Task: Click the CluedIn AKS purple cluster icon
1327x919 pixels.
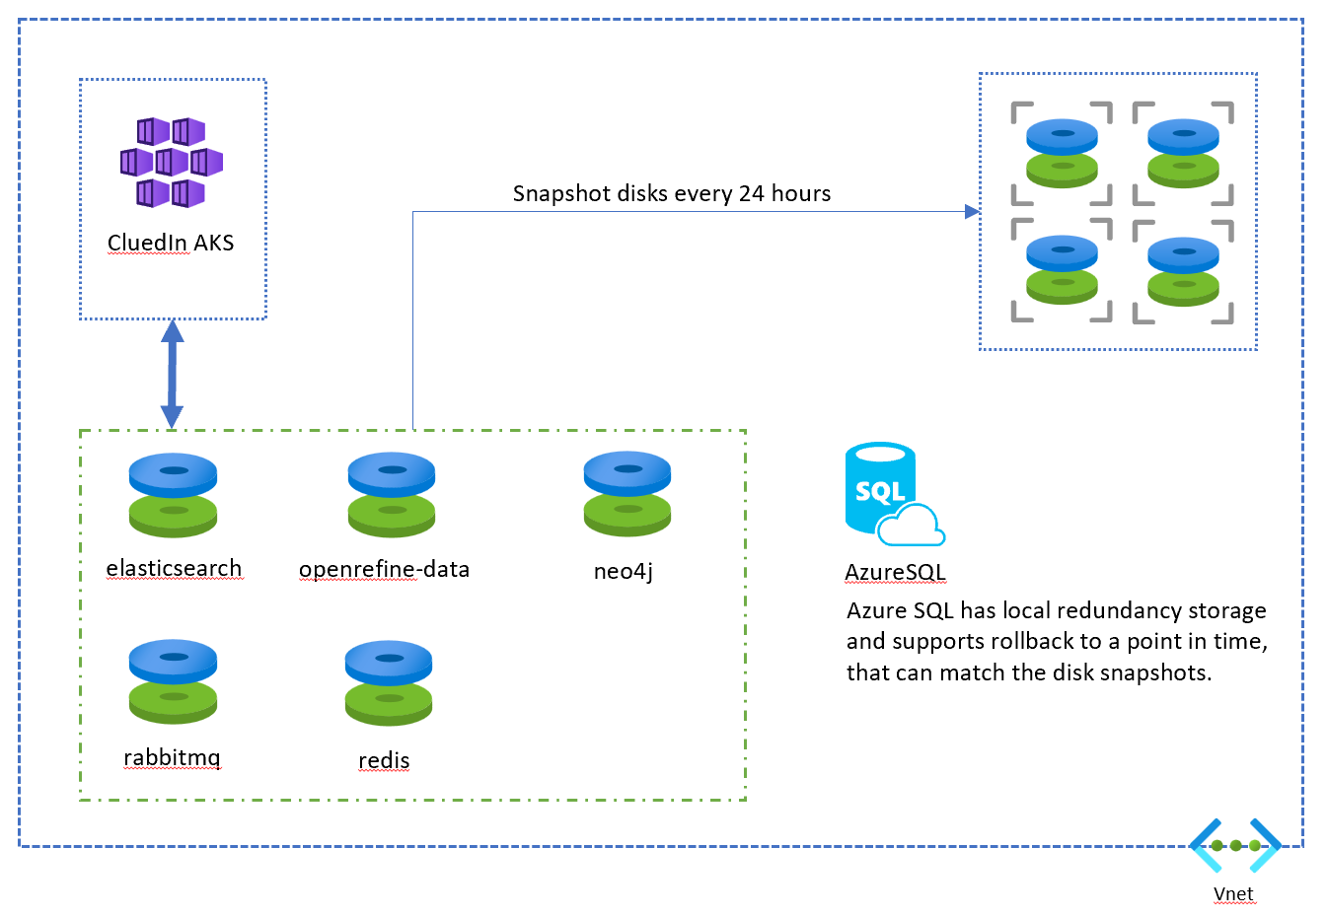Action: [x=172, y=162]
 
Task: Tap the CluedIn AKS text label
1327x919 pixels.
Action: [x=171, y=243]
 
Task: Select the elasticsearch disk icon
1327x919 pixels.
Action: [x=173, y=494]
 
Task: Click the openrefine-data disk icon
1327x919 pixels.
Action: [x=392, y=494]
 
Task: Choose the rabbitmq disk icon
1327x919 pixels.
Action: [x=173, y=681]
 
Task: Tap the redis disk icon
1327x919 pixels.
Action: [x=389, y=682]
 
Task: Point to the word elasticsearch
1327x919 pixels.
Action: [x=174, y=568]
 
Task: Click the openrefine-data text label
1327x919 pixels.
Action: [x=384, y=569]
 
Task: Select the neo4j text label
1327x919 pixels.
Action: [x=623, y=570]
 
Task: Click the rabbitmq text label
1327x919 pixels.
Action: [x=172, y=757]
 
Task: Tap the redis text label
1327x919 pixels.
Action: [x=384, y=760]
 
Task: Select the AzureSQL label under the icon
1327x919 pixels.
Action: [x=895, y=572]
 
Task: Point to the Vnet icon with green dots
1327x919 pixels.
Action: [x=1235, y=845]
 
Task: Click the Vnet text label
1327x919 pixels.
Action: [x=1233, y=893]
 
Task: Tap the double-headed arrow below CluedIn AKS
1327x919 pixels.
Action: [x=173, y=374]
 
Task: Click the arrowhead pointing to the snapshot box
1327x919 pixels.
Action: [x=971, y=212]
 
